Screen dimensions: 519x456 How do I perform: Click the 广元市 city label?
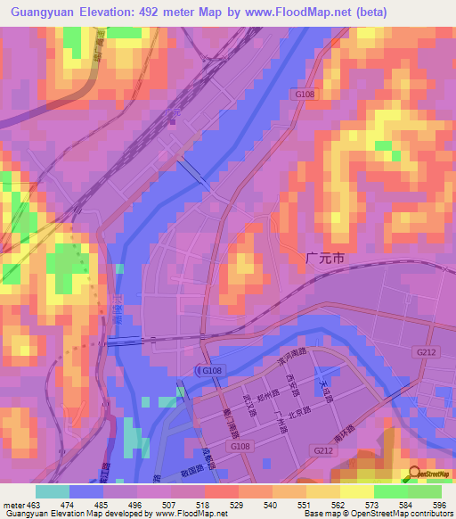tap(325, 257)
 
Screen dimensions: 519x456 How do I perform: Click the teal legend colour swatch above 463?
tap(52, 491)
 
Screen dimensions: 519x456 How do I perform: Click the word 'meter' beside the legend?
tap(12, 505)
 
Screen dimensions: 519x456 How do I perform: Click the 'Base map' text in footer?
tap(322, 515)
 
